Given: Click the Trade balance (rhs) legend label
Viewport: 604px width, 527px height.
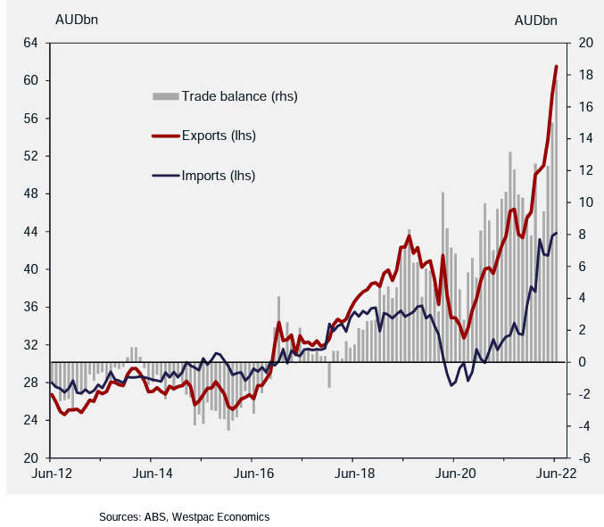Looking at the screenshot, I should point(239,96).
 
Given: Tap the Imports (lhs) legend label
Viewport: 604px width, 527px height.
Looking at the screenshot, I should point(218,175).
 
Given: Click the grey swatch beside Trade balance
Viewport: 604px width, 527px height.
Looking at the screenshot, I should point(166,96).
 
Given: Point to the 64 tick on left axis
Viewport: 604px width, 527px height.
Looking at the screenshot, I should point(30,43).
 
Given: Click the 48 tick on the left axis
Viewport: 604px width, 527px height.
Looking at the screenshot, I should point(30,194).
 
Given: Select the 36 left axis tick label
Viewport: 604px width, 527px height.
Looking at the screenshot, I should point(30,307).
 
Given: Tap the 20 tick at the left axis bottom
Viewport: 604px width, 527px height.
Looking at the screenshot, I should point(30,457).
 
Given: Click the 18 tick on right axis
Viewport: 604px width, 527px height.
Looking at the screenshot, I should point(586,75).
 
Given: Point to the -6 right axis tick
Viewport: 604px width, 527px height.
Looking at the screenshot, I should point(585,457).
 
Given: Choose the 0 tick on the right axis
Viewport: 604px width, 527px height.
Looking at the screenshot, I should point(583,362).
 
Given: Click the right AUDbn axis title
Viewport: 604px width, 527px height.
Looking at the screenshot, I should point(536,20).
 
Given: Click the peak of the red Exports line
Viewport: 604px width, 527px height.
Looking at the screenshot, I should point(557,66).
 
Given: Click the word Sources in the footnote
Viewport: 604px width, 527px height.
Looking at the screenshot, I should point(120,516).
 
